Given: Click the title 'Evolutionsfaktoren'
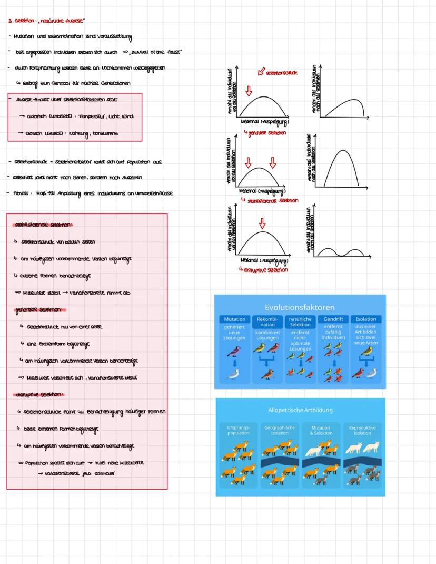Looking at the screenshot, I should click(x=299, y=307).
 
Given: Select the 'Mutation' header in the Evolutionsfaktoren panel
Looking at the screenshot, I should click(x=234, y=319).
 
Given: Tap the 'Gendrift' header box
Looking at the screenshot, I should click(x=333, y=319).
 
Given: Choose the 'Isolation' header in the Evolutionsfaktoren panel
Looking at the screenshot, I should click(x=366, y=319).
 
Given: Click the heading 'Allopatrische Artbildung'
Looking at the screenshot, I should click(x=300, y=410).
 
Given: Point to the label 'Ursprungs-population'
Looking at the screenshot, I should click(x=238, y=430).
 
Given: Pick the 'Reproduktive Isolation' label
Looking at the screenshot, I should click(x=362, y=430).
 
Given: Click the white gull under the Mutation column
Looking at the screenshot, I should click(x=234, y=375).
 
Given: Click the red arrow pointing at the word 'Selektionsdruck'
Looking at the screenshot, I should click(x=261, y=72).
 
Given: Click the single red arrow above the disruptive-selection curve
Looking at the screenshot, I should click(x=262, y=223).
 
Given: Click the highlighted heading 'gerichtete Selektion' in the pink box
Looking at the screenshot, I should click(x=40, y=310).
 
